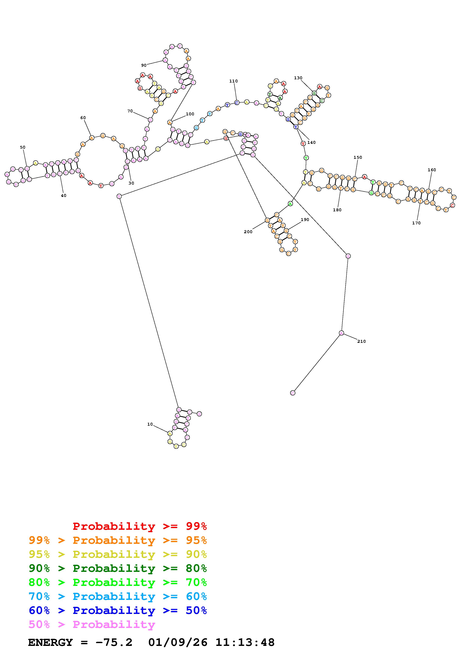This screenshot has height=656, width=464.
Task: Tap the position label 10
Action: pyautogui.click(x=150, y=424)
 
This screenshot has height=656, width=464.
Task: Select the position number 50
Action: pyautogui.click(x=23, y=147)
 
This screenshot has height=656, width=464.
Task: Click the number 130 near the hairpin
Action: pyautogui.click(x=298, y=78)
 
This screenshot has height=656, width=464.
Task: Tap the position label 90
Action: pyautogui.click(x=144, y=65)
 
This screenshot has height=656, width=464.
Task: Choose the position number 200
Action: pyautogui.click(x=248, y=232)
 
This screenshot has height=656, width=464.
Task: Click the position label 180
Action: pyautogui.click(x=337, y=210)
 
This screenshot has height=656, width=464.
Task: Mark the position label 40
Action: pyautogui.click(x=63, y=196)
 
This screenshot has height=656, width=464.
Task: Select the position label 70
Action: pyautogui.click(x=130, y=111)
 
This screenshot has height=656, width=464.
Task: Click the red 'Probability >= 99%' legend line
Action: pyautogui.click(x=140, y=526)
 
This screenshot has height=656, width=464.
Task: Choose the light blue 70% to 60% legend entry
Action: pyautogui.click(x=118, y=597)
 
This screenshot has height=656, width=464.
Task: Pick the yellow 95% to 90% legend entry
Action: pyautogui.click(x=118, y=554)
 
